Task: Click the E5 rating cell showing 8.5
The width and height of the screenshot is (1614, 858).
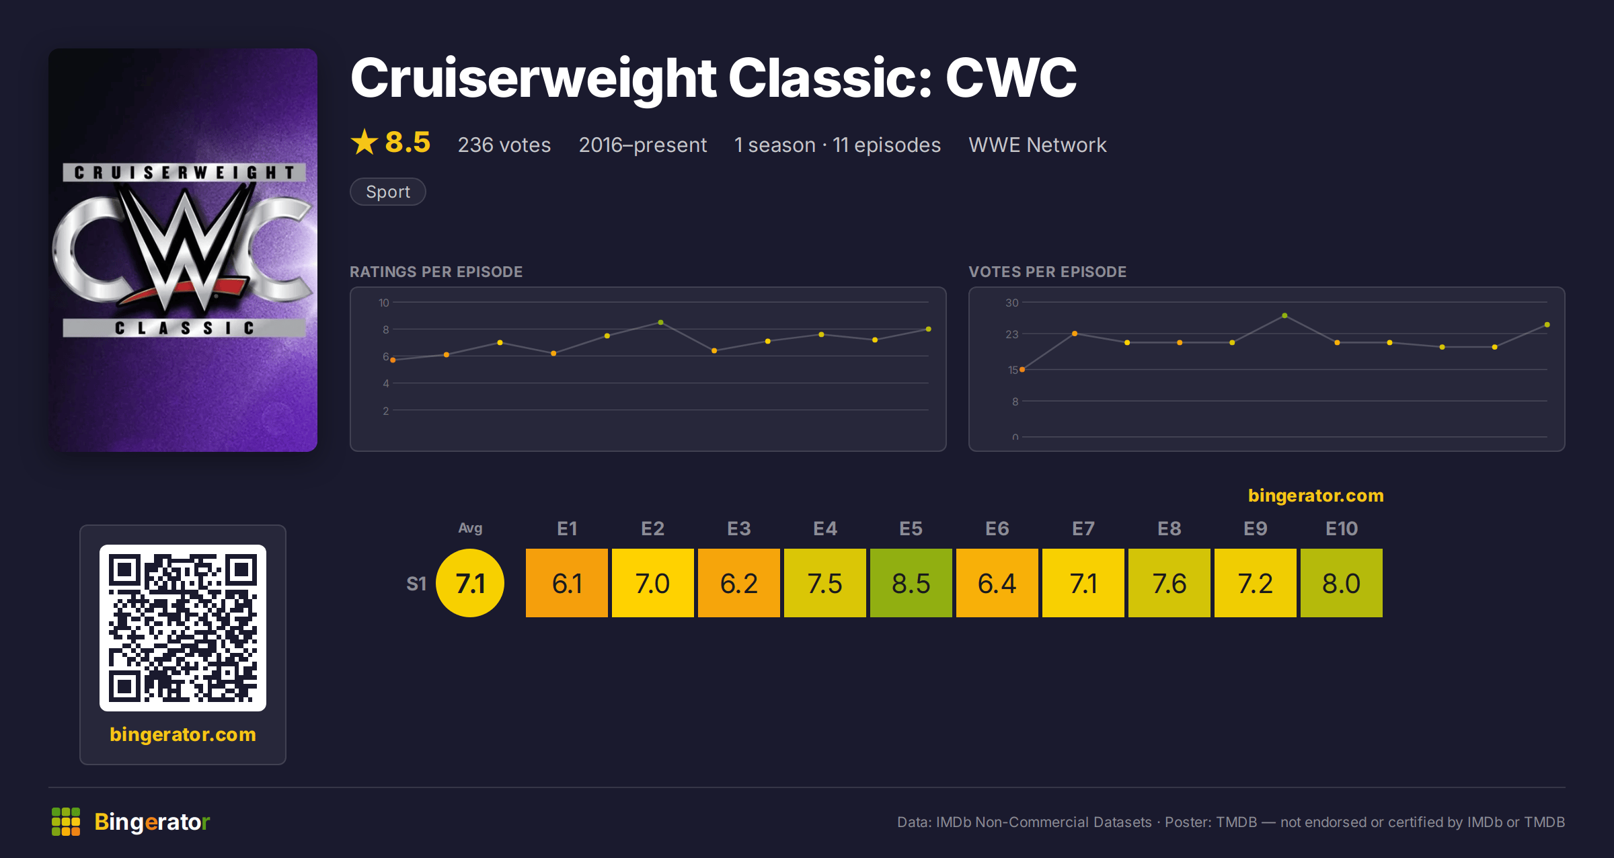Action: coord(911,583)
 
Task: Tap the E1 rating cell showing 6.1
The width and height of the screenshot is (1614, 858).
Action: coord(567,583)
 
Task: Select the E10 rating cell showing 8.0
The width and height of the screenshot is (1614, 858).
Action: coord(1342,583)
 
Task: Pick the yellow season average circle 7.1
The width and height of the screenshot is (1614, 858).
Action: coord(470,583)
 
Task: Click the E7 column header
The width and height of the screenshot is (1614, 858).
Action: coord(1083,529)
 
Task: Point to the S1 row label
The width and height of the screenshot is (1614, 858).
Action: coord(416,584)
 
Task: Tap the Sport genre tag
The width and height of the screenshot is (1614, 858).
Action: coord(388,192)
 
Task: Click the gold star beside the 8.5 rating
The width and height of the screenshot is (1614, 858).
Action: coord(364,142)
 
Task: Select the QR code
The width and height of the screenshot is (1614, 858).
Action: coord(183,628)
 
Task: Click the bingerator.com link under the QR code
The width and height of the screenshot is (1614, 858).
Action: coord(183,734)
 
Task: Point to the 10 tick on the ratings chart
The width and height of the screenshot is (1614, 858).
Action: coord(383,303)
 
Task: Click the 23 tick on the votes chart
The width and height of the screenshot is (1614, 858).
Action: coord(1012,334)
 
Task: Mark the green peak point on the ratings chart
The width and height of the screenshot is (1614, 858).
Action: coord(661,323)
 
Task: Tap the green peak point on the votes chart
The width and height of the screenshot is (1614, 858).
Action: coord(1284,315)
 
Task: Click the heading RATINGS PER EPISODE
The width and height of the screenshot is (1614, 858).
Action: coord(436,272)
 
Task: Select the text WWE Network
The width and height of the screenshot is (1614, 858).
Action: coord(1038,145)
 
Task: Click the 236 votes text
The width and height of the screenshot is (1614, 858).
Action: coord(504,145)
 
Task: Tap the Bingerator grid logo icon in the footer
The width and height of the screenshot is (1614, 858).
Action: coord(66,822)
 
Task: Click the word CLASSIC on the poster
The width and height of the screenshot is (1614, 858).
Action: coord(184,328)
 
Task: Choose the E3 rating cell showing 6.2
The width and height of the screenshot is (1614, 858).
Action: coord(739,583)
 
